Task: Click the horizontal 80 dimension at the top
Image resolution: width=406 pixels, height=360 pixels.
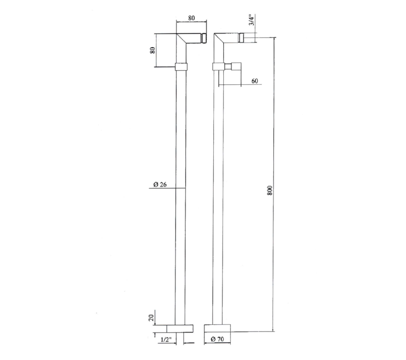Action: (x=191, y=18)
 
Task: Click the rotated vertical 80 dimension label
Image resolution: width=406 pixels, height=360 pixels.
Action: (x=152, y=50)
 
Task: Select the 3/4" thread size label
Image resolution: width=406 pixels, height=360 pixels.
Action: (x=251, y=20)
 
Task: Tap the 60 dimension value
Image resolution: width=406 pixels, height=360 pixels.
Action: (x=255, y=81)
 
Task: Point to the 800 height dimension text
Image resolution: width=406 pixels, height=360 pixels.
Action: (x=270, y=190)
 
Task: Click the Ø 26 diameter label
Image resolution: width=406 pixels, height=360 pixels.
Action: (x=160, y=184)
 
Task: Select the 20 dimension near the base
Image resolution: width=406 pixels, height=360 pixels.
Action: (x=152, y=317)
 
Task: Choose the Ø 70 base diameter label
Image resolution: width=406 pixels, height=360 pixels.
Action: (x=217, y=339)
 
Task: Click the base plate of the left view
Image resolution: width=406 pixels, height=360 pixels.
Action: (x=180, y=328)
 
